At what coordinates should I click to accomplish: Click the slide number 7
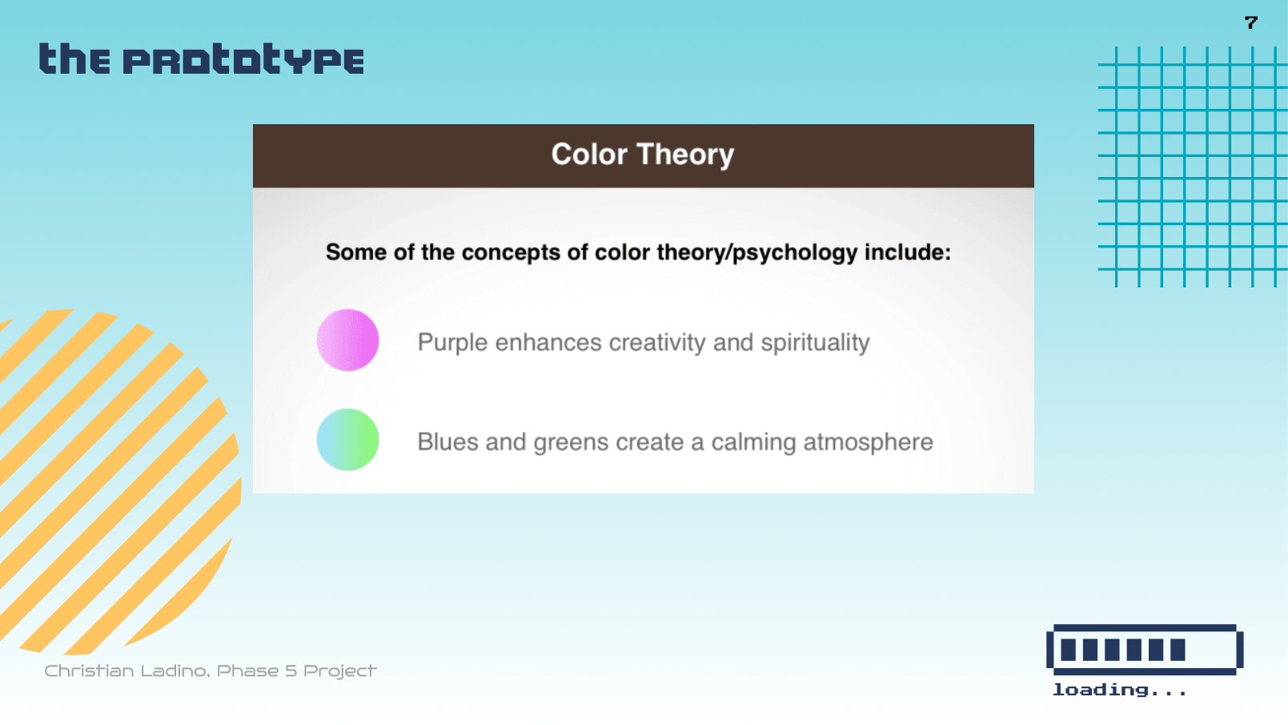pyautogui.click(x=1251, y=22)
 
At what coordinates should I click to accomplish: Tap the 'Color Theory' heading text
pyautogui.click(x=642, y=155)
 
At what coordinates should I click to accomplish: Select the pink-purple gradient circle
pyautogui.click(x=347, y=340)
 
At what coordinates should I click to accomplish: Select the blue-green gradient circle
pyautogui.click(x=347, y=440)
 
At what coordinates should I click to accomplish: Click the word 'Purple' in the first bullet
pyautogui.click(x=452, y=343)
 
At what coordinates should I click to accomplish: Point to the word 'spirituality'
pyautogui.click(x=815, y=343)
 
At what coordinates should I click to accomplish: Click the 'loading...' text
pyautogui.click(x=1119, y=690)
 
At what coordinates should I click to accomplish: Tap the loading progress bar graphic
pyautogui.click(x=1144, y=650)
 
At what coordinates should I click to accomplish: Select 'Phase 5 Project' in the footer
pyautogui.click(x=296, y=671)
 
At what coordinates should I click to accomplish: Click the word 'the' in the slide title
pyautogui.click(x=74, y=60)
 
